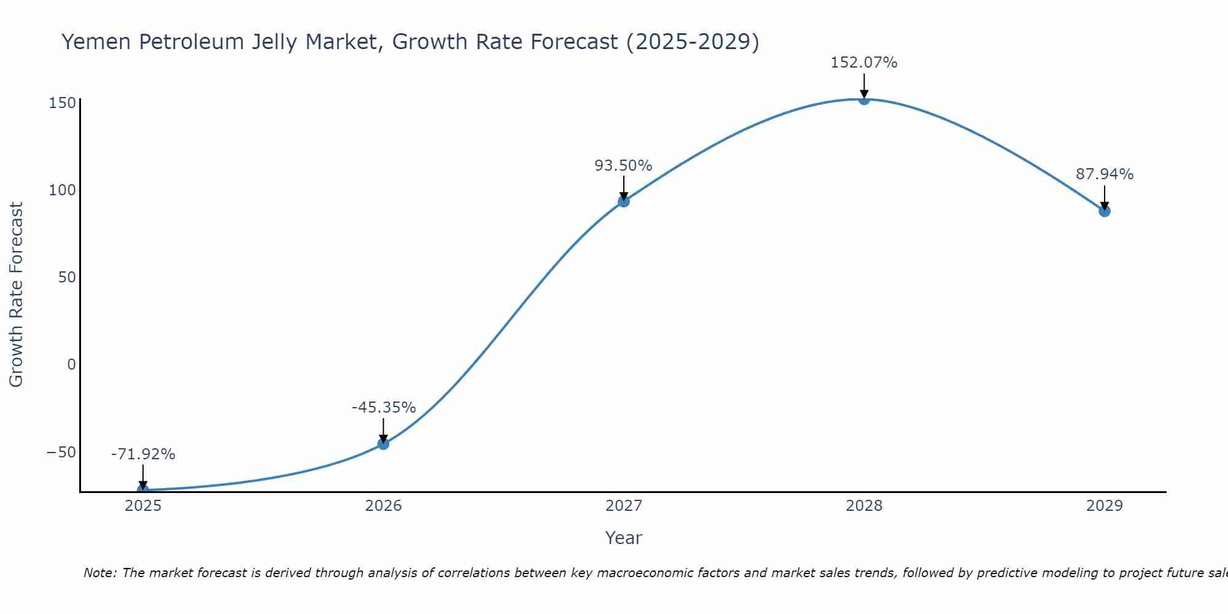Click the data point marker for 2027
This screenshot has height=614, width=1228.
623,201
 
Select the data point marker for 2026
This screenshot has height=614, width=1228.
383,443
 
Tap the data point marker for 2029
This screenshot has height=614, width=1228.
1104,211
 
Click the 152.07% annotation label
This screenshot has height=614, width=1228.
863,63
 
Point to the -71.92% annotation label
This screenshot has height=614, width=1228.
143,454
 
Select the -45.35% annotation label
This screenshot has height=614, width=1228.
384,408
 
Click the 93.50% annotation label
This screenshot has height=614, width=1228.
623,166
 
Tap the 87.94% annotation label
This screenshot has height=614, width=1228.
1104,174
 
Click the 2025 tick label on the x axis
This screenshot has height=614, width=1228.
143,506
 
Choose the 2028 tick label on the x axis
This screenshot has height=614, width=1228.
863,506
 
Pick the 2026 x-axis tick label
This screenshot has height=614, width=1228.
383,506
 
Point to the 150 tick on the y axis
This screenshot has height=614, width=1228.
62,103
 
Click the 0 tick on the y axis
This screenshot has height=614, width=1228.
71,365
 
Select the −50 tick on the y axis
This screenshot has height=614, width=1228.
61,453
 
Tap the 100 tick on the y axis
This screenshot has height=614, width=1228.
62,190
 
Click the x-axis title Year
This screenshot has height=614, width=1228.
623,538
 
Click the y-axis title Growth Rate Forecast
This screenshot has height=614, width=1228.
16,294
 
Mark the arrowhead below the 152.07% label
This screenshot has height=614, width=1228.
863,93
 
